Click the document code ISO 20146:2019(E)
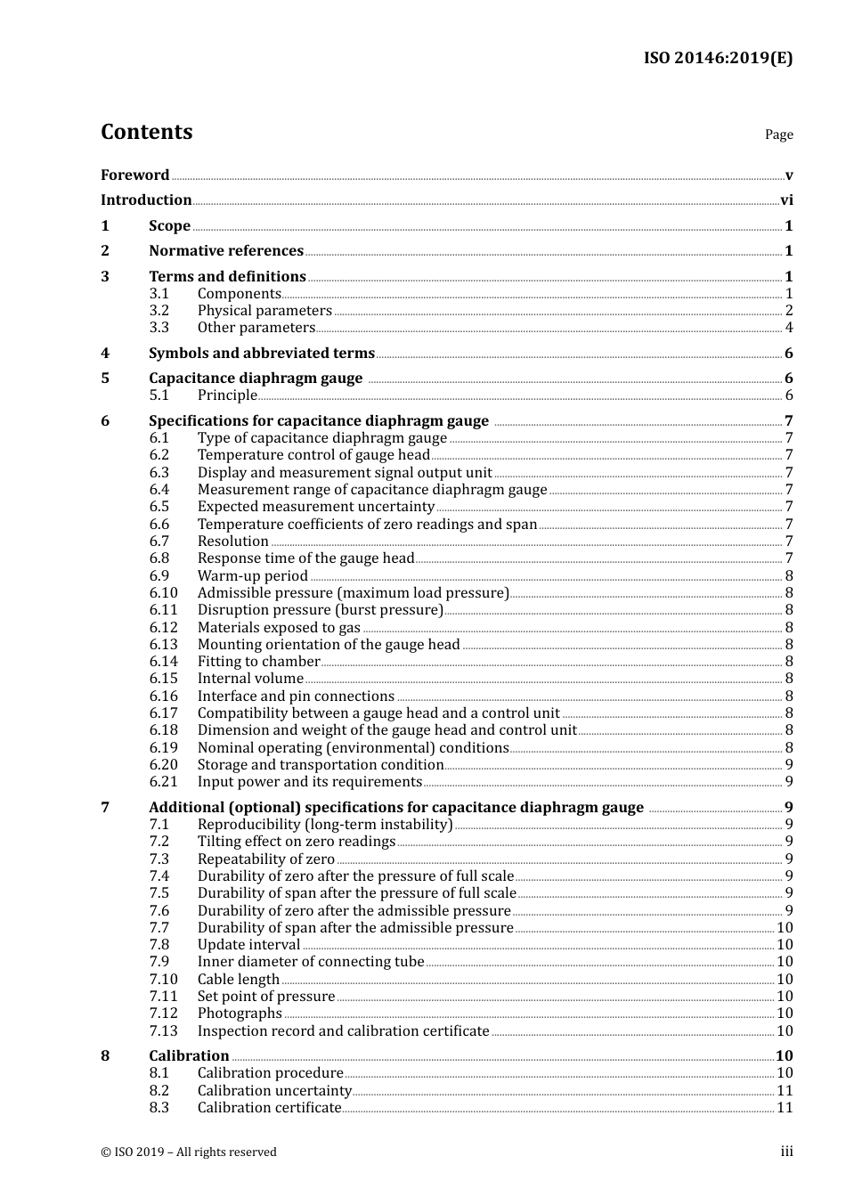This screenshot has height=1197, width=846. [718, 59]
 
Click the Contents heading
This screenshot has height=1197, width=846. [146, 132]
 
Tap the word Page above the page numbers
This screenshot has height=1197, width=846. [778, 134]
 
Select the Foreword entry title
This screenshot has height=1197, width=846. [134, 175]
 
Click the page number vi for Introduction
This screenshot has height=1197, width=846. [786, 200]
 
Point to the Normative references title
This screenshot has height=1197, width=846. [226, 251]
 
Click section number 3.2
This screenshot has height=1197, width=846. [159, 311]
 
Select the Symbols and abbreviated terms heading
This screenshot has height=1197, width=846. [261, 354]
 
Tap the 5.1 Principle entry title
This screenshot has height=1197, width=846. [227, 395]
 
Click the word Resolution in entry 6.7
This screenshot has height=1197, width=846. [232, 541]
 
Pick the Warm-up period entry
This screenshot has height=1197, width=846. [252, 576]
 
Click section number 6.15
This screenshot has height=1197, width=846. [163, 679]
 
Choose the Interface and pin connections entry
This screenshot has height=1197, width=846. [296, 696]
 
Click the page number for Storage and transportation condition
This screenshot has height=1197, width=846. [789, 765]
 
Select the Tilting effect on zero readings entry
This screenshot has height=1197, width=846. [296, 842]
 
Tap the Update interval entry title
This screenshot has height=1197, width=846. [248, 945]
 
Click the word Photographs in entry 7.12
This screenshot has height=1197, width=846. [240, 1014]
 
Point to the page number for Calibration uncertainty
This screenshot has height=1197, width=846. [785, 1091]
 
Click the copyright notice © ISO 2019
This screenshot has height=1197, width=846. [188, 1152]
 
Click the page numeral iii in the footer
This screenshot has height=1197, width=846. [786, 1152]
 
